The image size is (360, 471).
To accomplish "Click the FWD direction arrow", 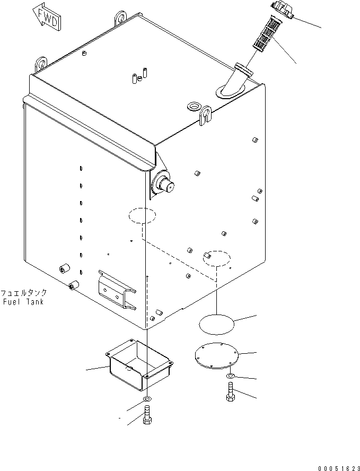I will pos(47,17).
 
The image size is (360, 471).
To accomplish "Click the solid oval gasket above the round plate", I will pos(216,324).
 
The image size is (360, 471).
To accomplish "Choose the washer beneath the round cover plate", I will pos(230,377).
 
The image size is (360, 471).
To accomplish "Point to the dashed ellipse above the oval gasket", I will pos(216,257).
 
